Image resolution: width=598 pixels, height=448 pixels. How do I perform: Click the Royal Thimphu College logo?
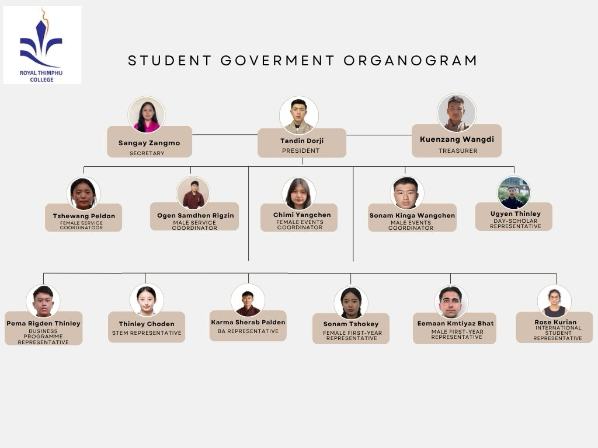click(42, 44)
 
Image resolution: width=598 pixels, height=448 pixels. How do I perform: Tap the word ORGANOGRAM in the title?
click(411, 61)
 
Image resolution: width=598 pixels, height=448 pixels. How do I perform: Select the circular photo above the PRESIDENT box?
click(298, 115)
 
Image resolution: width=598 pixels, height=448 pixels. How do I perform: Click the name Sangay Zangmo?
click(149, 143)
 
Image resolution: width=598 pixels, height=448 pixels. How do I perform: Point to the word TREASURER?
click(458, 151)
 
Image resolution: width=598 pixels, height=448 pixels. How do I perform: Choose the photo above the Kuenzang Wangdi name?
click(457, 113)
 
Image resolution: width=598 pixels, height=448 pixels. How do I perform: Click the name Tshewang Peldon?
click(84, 216)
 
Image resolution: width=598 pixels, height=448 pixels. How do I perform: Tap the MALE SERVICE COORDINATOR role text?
click(194, 225)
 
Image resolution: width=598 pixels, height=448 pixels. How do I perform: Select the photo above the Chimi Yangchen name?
click(299, 194)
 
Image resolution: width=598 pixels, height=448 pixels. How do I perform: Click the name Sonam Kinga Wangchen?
click(412, 215)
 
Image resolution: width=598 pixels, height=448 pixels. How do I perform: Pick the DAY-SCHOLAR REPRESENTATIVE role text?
click(516, 223)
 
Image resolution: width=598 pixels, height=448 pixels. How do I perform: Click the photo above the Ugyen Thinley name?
click(514, 192)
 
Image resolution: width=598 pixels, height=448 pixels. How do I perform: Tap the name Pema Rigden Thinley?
click(43, 323)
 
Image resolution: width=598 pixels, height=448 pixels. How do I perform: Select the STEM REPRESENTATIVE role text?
click(147, 333)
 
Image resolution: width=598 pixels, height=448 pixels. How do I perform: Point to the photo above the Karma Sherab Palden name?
click(248, 300)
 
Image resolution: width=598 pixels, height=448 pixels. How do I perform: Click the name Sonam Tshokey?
click(351, 324)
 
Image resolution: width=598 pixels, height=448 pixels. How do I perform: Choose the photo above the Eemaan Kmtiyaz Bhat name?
click(451, 302)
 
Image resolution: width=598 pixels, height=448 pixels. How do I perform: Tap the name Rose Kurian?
click(556, 322)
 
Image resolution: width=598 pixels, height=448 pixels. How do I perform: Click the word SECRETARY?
click(147, 153)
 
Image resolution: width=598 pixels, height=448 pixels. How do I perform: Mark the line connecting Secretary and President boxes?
click(225, 135)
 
